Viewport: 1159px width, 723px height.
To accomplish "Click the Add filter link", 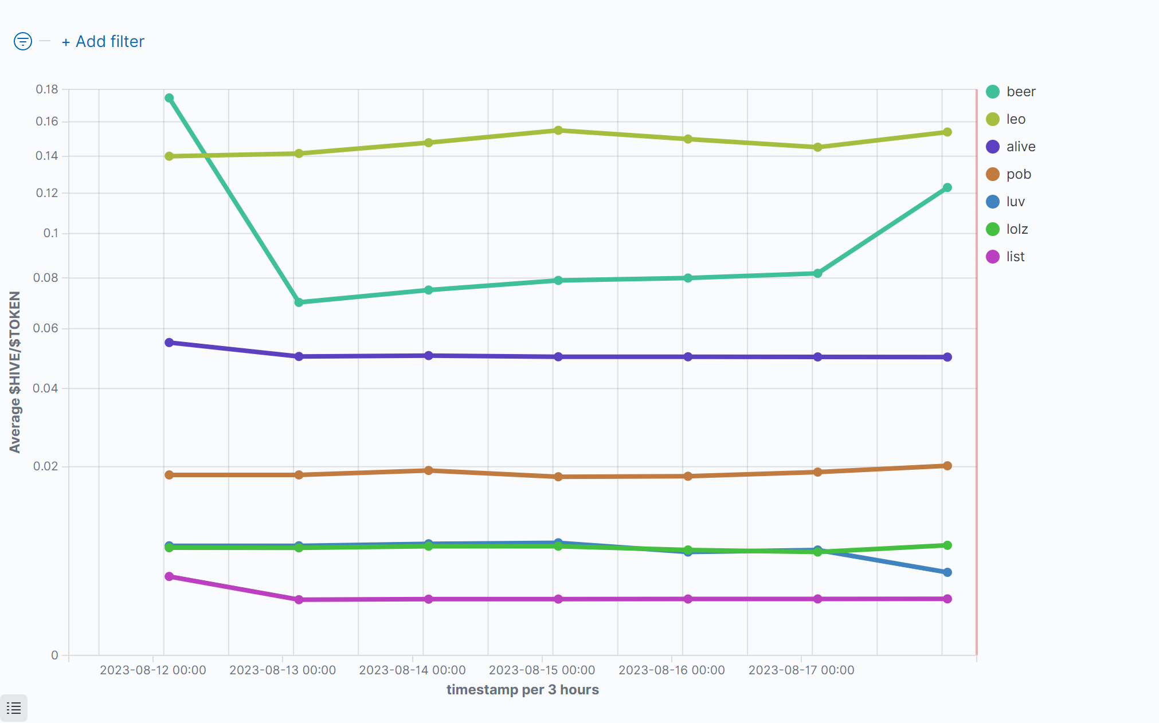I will pyautogui.click(x=103, y=42).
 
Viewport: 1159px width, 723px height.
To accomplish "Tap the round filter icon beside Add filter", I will pyautogui.click(x=23, y=41).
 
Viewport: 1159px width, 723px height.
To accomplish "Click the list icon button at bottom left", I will pyautogui.click(x=14, y=708).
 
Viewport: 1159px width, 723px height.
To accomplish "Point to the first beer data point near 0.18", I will pyautogui.click(x=169, y=98).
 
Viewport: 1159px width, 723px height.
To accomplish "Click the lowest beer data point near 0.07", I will pyautogui.click(x=299, y=302).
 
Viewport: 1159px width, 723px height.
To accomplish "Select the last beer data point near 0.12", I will pyautogui.click(x=947, y=187).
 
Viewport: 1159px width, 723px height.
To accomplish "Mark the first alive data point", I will pyautogui.click(x=169, y=343).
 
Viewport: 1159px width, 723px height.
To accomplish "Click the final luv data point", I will pyautogui.click(x=947, y=572).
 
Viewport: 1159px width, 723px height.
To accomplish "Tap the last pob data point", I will pyautogui.click(x=947, y=466).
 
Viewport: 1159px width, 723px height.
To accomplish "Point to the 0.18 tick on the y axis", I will pyautogui.click(x=47, y=89).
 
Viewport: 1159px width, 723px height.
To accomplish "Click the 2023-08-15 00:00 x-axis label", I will pyautogui.click(x=542, y=670).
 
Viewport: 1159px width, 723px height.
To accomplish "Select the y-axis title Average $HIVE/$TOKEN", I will pyautogui.click(x=15, y=372).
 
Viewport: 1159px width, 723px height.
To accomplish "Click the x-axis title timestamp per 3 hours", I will pyautogui.click(x=522, y=690).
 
